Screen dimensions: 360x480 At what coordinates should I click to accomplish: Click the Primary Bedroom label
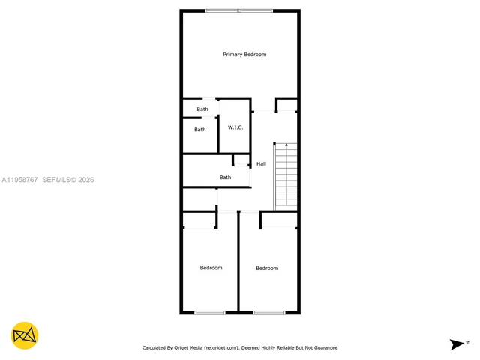pos(244,55)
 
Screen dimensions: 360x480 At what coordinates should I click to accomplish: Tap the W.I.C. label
pos(235,127)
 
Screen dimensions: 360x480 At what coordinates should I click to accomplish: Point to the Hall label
pos(261,163)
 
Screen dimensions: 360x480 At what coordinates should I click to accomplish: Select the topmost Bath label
pos(202,109)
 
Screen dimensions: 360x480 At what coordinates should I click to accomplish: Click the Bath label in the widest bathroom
pos(225,178)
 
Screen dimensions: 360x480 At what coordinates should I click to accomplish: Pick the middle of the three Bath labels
pos(200,130)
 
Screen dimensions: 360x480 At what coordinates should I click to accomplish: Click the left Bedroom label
pos(211,268)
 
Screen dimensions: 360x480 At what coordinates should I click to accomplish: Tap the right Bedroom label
pos(267,268)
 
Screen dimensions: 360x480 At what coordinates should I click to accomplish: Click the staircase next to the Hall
pos(286,175)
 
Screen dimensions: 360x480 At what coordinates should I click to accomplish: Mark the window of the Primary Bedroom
pos(240,10)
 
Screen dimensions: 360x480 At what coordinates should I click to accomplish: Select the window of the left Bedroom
pos(210,312)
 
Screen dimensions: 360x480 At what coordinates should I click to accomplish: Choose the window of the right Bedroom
pos(268,312)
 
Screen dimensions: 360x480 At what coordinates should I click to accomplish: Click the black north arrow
pos(457,344)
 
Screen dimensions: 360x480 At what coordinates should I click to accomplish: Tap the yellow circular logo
pos(25,335)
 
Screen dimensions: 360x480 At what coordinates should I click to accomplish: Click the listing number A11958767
pos(19,180)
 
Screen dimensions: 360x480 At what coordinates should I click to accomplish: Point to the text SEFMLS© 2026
pos(67,180)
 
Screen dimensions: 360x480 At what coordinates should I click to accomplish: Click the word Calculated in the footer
pos(155,348)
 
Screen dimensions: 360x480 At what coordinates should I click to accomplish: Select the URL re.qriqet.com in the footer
pos(219,348)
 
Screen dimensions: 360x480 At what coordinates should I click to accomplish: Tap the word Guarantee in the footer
pos(323,348)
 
